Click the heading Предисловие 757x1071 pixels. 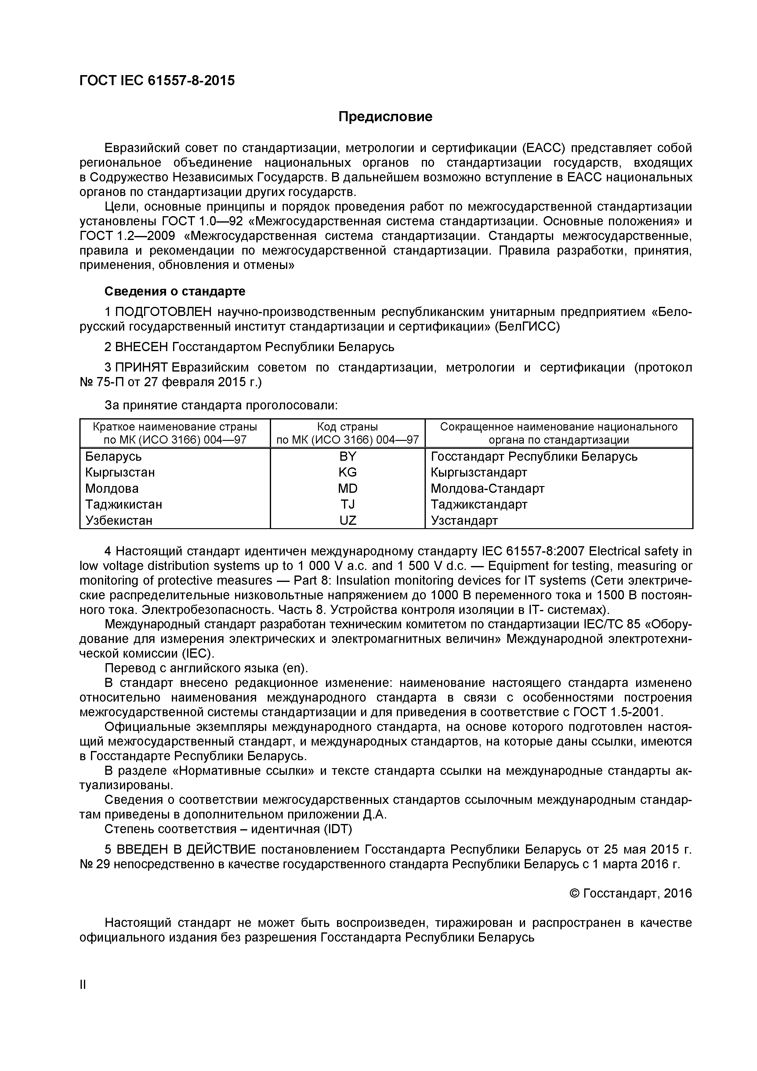(x=385, y=117)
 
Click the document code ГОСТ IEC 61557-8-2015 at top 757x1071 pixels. (x=157, y=81)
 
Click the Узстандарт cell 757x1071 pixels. (x=464, y=520)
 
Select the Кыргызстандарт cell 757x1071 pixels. (x=479, y=472)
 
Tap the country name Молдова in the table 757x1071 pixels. (x=112, y=488)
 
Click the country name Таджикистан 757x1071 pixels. (x=124, y=504)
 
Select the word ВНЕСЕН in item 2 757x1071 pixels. (x=142, y=347)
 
